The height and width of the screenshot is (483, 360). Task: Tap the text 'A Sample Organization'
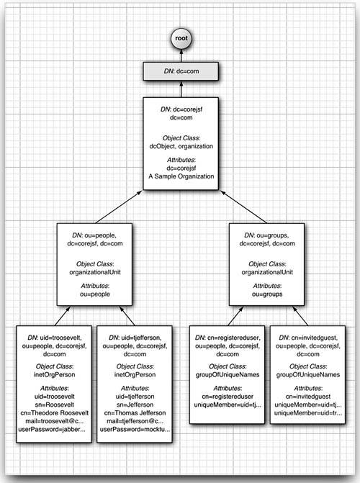click(x=179, y=177)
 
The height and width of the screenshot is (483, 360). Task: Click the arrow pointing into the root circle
click(x=179, y=58)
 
